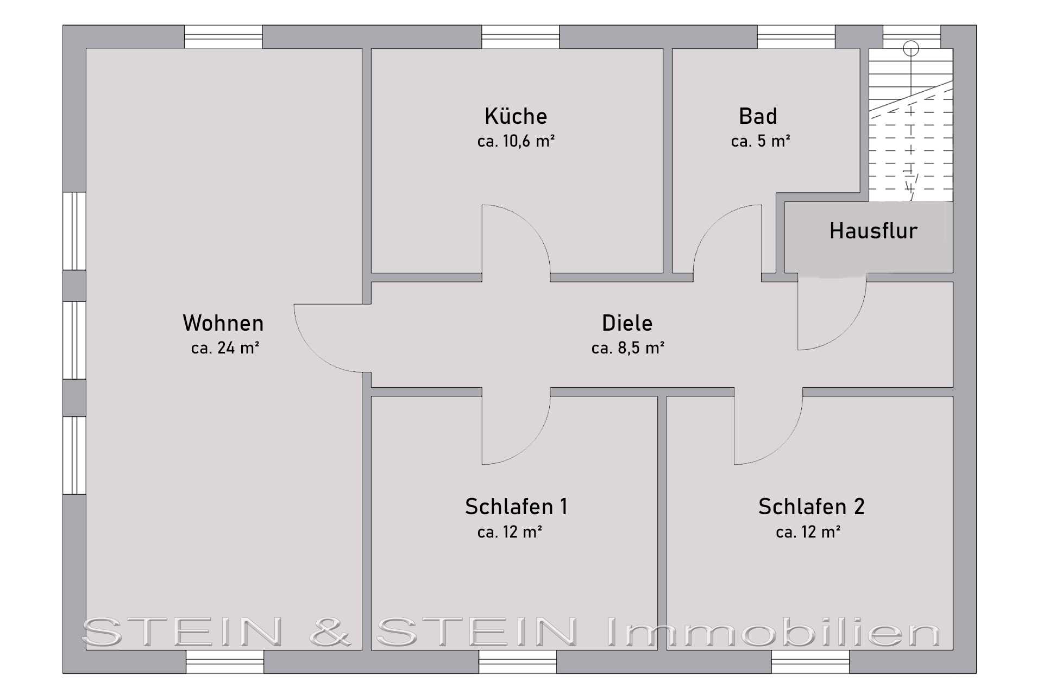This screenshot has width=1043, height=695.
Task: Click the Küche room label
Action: click(516, 116)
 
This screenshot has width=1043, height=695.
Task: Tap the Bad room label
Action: click(758, 116)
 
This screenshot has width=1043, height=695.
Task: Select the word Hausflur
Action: click(873, 231)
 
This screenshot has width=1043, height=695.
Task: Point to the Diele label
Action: click(627, 323)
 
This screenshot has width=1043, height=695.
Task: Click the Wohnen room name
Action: click(223, 323)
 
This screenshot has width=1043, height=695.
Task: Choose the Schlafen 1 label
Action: click(516, 507)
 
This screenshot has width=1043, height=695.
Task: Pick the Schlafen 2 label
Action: click(811, 507)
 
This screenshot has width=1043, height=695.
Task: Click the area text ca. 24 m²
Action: click(225, 348)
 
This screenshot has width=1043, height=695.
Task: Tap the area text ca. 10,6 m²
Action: click(516, 141)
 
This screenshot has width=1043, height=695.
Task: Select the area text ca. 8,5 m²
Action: click(628, 348)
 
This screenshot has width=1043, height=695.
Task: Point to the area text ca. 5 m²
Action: click(761, 141)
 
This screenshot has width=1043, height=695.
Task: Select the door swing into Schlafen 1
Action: click(530, 445)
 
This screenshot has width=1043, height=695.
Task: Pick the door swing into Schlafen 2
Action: click(783, 445)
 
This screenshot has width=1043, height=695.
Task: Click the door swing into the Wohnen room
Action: click(314, 353)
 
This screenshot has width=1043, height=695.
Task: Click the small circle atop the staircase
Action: click(911, 49)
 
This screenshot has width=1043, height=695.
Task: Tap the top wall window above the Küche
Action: click(520, 37)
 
